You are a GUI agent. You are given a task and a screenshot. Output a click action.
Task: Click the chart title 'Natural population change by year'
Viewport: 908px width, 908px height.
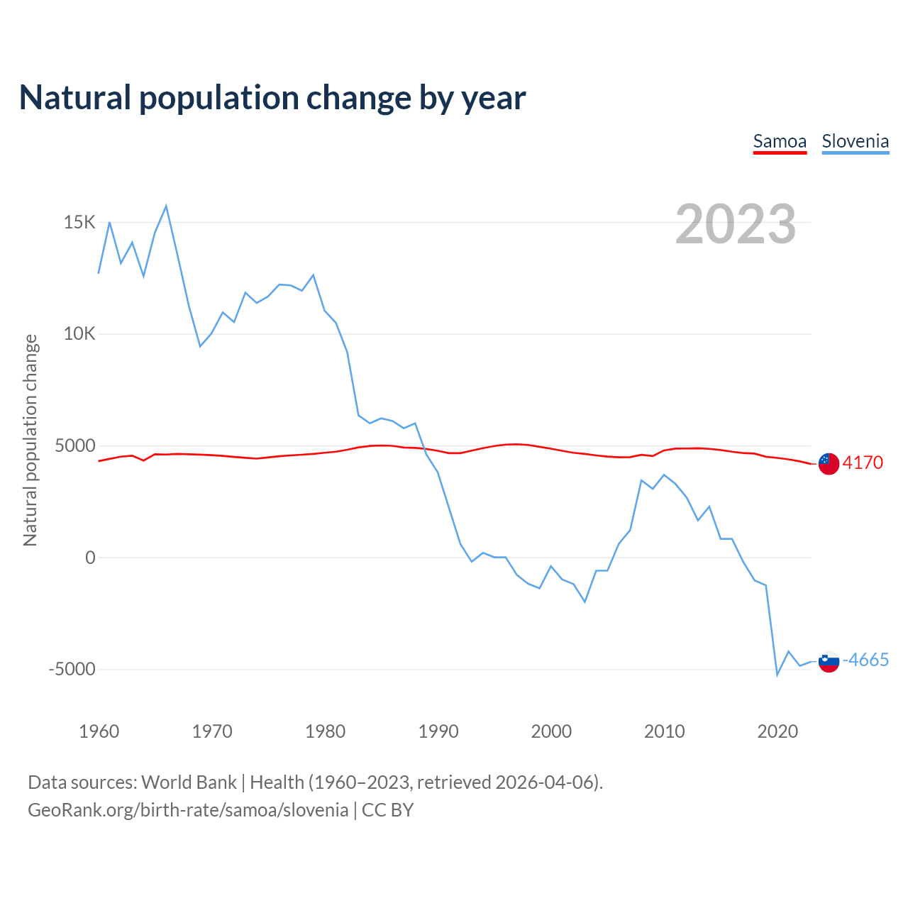tap(272, 98)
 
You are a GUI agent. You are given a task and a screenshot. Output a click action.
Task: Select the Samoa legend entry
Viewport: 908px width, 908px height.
tap(780, 141)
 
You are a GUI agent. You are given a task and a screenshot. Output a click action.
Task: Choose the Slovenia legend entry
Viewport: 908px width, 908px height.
tap(855, 141)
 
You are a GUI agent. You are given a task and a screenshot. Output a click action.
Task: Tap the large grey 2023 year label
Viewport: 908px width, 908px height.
tap(736, 224)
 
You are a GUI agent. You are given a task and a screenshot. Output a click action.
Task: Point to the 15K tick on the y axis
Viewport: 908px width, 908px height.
tap(79, 223)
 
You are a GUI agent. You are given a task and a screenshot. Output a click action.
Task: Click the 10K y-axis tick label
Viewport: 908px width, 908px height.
tap(79, 334)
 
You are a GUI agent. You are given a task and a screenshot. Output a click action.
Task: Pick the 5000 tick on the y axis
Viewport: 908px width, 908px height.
tap(75, 446)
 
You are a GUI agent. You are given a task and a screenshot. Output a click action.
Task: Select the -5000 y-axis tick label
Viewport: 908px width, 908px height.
tap(72, 670)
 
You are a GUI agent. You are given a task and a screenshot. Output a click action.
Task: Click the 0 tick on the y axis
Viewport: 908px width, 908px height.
tap(90, 558)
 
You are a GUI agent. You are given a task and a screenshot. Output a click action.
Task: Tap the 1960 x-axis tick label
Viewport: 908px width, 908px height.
tap(99, 731)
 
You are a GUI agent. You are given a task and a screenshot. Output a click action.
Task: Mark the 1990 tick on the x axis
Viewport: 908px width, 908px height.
tap(438, 731)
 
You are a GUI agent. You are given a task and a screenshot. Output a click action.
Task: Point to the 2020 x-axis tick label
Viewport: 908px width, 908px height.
tap(777, 731)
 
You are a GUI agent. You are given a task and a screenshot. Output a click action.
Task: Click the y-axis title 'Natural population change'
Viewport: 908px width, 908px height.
tap(31, 441)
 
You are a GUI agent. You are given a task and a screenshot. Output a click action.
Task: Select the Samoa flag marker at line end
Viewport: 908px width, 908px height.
tap(829, 463)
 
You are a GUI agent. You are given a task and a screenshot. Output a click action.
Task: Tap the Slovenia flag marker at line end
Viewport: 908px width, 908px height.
tap(829, 661)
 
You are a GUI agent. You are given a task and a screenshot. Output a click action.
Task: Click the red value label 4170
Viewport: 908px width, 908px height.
tap(863, 463)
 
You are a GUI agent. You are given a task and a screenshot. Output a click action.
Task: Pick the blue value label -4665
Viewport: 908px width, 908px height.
tap(865, 660)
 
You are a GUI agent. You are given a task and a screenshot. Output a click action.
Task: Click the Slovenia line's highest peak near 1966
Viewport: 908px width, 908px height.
tap(166, 206)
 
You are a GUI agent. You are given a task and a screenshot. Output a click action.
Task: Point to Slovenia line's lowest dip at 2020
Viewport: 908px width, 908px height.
tap(777, 675)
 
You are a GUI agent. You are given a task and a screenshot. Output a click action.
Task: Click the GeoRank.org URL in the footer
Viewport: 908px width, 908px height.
tap(188, 810)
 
